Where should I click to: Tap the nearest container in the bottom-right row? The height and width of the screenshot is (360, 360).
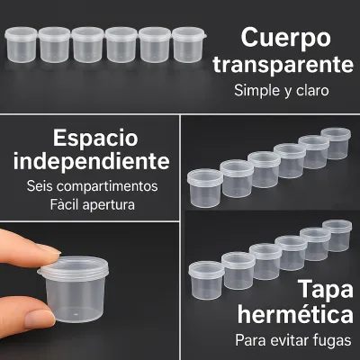(206, 281)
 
